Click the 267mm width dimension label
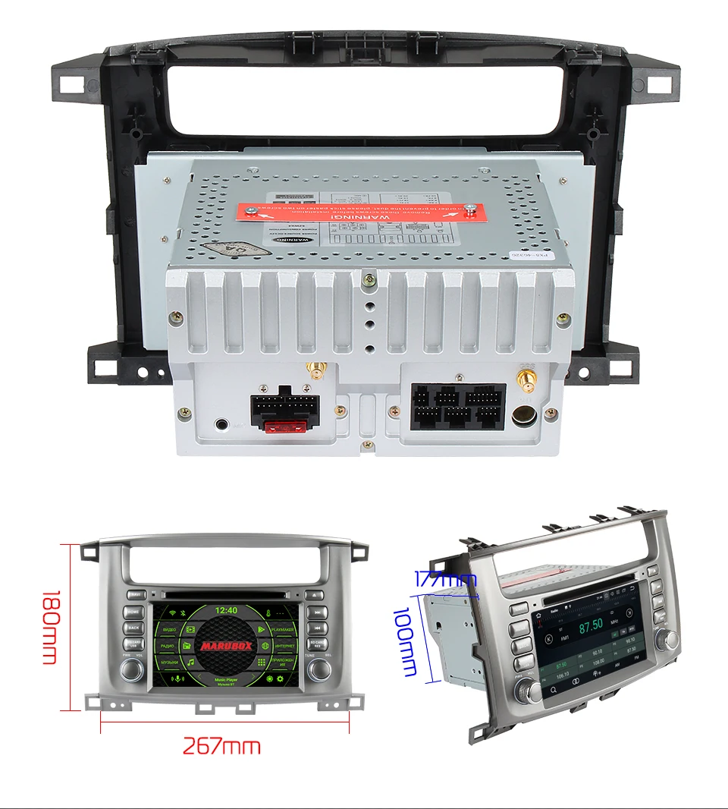pos(221,746)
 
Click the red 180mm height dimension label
pos(49,627)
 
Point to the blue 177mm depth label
pos(446,580)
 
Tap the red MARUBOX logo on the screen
pos(226,646)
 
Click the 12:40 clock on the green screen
pos(226,609)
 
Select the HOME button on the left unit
pos(133,612)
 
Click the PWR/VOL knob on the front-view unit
pos(133,668)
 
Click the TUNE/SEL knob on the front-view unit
pos(318,669)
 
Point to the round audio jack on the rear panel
pos(221,425)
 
